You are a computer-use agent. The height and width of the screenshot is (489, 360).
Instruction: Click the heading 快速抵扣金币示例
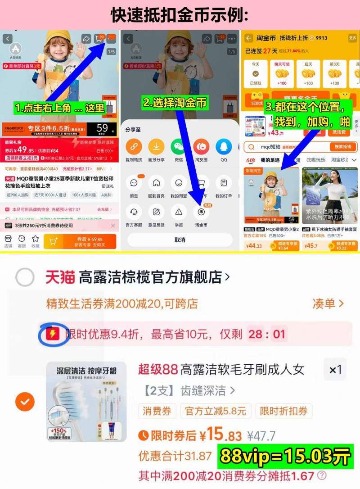coord(180,15)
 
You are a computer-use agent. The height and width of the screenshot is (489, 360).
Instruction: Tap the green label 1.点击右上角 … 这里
coord(60,108)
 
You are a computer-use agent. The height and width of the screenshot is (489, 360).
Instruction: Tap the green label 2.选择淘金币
coord(175,103)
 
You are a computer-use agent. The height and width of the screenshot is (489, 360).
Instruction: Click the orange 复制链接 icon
coord(134,147)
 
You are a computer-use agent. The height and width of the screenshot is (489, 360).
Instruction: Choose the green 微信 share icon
coord(179,147)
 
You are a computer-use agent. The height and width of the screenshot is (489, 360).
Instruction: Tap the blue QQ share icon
coord(224,147)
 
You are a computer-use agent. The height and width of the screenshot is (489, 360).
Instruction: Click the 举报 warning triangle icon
coord(179,212)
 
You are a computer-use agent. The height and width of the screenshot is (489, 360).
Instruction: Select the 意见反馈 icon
coord(156,212)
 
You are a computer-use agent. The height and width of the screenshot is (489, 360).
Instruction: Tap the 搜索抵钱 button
coord(343,147)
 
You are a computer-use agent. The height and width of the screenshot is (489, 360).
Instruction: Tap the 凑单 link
coord(328,304)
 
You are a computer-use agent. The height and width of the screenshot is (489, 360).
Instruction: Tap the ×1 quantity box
coord(335,370)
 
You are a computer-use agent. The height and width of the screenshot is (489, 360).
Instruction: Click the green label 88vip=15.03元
coord(284,457)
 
